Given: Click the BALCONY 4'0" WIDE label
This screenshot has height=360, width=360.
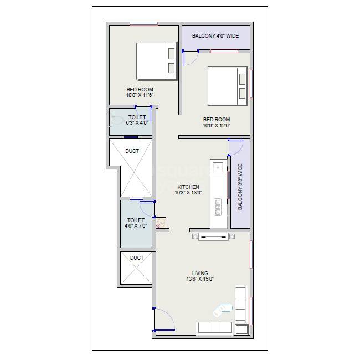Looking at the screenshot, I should pyautogui.click(x=215, y=36).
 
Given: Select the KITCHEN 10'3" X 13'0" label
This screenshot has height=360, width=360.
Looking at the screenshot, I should pyautogui.click(x=188, y=190).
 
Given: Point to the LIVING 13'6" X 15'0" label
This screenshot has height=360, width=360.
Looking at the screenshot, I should pyautogui.click(x=200, y=276).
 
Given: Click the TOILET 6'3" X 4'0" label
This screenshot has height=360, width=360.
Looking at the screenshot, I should pyautogui.click(x=137, y=120).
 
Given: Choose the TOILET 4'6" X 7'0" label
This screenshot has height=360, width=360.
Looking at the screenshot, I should pyautogui.click(x=136, y=223).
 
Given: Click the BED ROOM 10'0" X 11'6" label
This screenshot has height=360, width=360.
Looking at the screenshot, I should pyautogui.click(x=140, y=92).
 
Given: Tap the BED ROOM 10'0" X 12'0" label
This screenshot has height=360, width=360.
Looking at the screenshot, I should pyautogui.click(x=216, y=122).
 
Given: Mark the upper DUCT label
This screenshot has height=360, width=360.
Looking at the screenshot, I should pyautogui.click(x=132, y=151).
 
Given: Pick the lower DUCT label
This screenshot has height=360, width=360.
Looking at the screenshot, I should pyautogui.click(x=136, y=258).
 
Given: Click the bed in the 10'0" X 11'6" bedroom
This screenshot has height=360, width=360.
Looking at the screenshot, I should pyautogui.click(x=156, y=61).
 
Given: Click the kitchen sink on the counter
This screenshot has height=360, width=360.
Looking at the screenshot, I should pyautogui.click(x=218, y=167).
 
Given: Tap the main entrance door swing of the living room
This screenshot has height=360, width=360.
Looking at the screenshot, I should pyautogui.click(x=164, y=320).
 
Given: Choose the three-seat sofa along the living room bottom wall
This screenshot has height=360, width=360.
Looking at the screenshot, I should pyautogui.click(x=214, y=327).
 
